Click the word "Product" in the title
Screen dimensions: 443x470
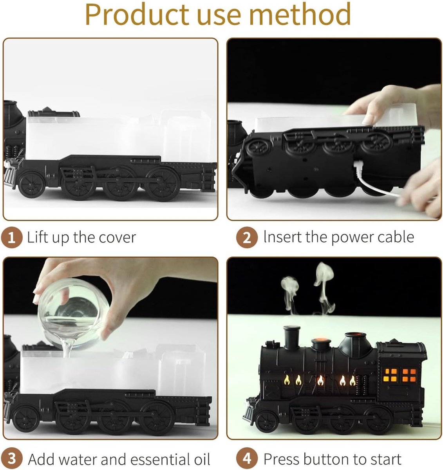[x=137, y=14]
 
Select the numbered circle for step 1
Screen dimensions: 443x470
[x=12, y=237]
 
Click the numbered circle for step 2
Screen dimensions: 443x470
[x=247, y=237]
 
